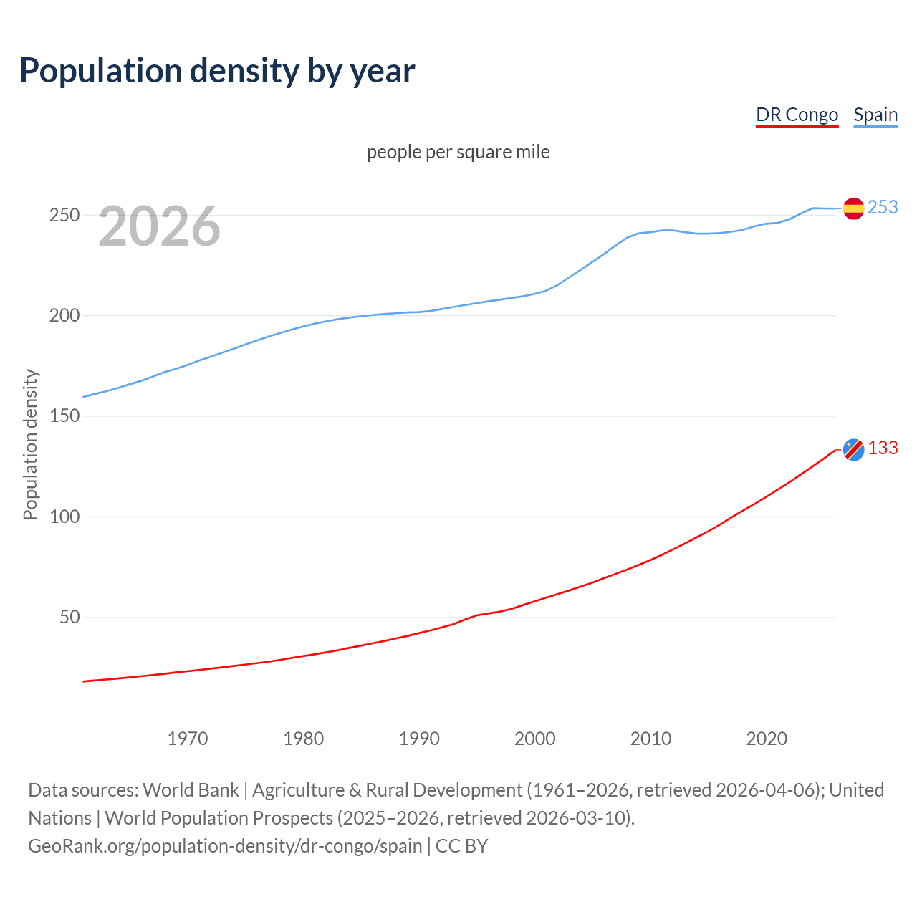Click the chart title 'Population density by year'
coord(217,70)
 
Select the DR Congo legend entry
coord(797,115)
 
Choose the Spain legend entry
coord(875,115)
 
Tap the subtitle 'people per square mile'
coord(458,152)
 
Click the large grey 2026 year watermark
coord(159,226)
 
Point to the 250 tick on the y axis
coord(64,215)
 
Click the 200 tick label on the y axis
coord(64,315)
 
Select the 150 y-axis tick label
coord(64,416)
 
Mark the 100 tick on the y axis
coord(64,517)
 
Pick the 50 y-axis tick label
coord(69,617)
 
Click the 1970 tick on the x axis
coord(188,738)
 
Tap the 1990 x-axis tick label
coord(419,738)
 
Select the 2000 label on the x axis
coord(535,738)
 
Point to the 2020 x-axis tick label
coord(767,738)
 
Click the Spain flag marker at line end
coord(853,208)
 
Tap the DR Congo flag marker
coord(853,449)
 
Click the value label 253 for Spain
coord(883,207)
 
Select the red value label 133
coord(883,448)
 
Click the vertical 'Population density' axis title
coord(30,444)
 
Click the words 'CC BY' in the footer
coord(461,846)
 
